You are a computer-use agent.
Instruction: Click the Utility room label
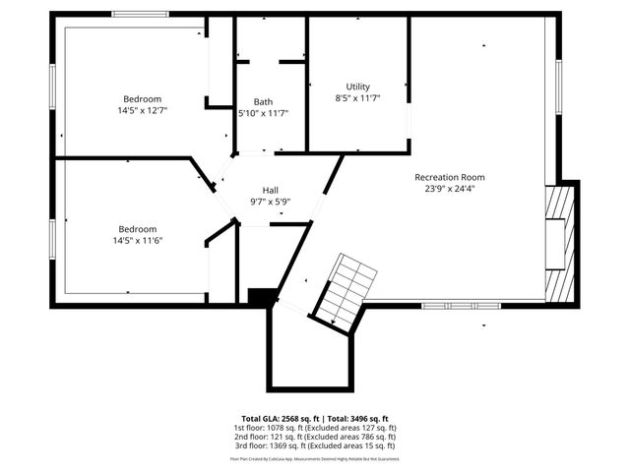coord(357,87)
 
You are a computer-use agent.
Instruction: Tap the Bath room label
coord(263,102)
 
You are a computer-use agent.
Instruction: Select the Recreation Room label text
coord(455,177)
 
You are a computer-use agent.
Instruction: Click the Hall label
coord(270,190)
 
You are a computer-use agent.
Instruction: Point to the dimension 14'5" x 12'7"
coord(144,110)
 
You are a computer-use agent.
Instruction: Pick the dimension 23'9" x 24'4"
coord(455,189)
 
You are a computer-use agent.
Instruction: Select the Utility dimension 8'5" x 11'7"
coord(357,98)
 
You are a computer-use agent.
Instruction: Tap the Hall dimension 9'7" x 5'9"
coord(270,202)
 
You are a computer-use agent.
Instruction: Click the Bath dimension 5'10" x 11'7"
coord(263,114)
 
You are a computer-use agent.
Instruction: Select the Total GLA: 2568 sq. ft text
coord(283,418)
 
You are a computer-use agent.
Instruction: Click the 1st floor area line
coord(315,428)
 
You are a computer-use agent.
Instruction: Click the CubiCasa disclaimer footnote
coord(315,458)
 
